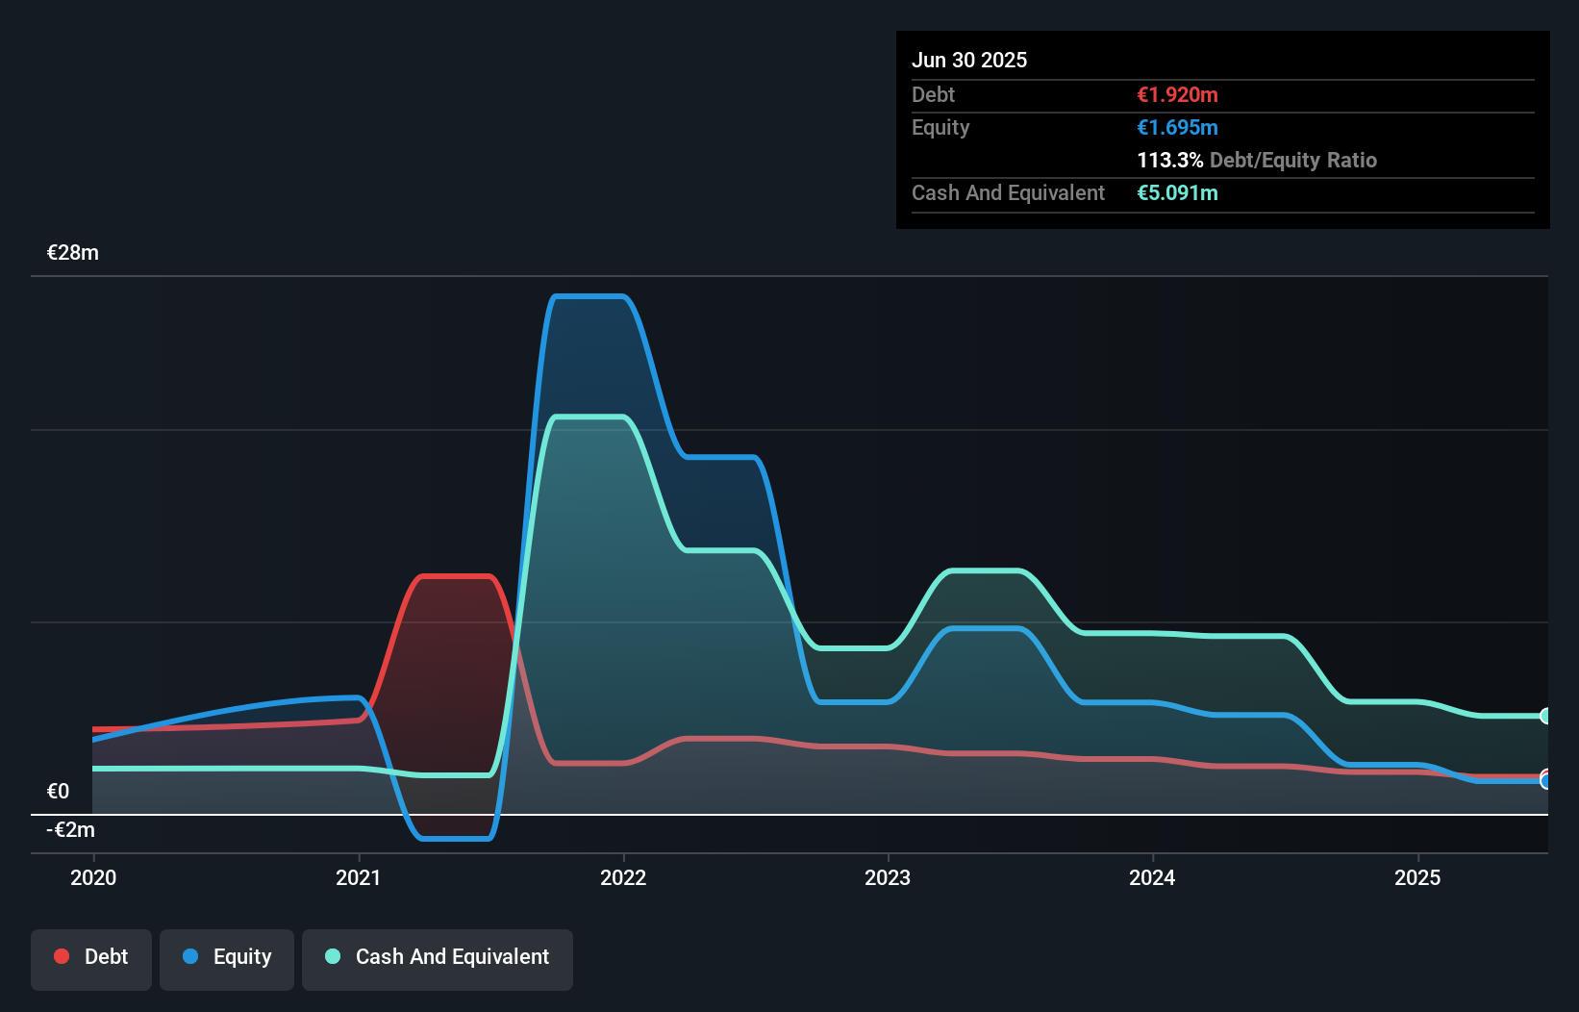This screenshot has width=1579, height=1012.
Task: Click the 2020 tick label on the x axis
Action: click(x=93, y=877)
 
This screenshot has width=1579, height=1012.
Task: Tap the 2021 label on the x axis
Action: click(x=358, y=877)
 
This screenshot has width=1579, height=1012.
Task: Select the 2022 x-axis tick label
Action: click(x=623, y=877)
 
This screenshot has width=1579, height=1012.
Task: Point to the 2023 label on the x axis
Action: click(x=888, y=877)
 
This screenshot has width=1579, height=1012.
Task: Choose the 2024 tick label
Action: click(x=1152, y=877)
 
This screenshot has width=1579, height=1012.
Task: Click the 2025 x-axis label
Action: click(x=1417, y=877)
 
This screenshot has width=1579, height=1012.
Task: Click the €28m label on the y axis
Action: click(x=73, y=253)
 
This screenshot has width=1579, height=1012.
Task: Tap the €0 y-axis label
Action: click(x=58, y=792)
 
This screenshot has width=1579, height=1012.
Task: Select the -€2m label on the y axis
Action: click(x=71, y=830)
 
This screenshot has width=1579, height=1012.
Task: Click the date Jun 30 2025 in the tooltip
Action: click(x=969, y=60)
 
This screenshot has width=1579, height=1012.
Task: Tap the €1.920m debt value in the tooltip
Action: click(x=1177, y=94)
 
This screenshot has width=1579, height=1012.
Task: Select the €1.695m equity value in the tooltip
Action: click(x=1177, y=127)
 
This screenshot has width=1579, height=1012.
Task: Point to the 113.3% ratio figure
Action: click(x=1169, y=160)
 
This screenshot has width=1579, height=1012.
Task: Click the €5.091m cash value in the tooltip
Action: click(x=1177, y=192)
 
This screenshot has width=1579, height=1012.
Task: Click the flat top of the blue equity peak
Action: click(x=589, y=296)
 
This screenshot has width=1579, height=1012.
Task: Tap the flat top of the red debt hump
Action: click(x=457, y=576)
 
